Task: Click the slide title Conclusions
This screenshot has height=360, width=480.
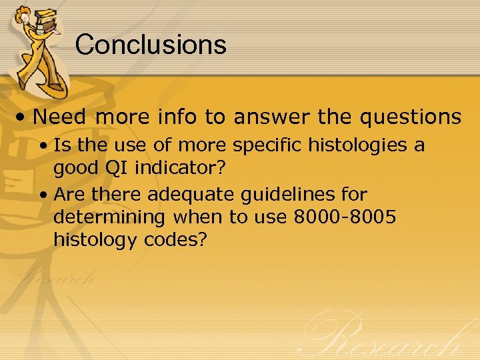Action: [x=151, y=45]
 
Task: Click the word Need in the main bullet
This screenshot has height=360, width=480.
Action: [x=61, y=117]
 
